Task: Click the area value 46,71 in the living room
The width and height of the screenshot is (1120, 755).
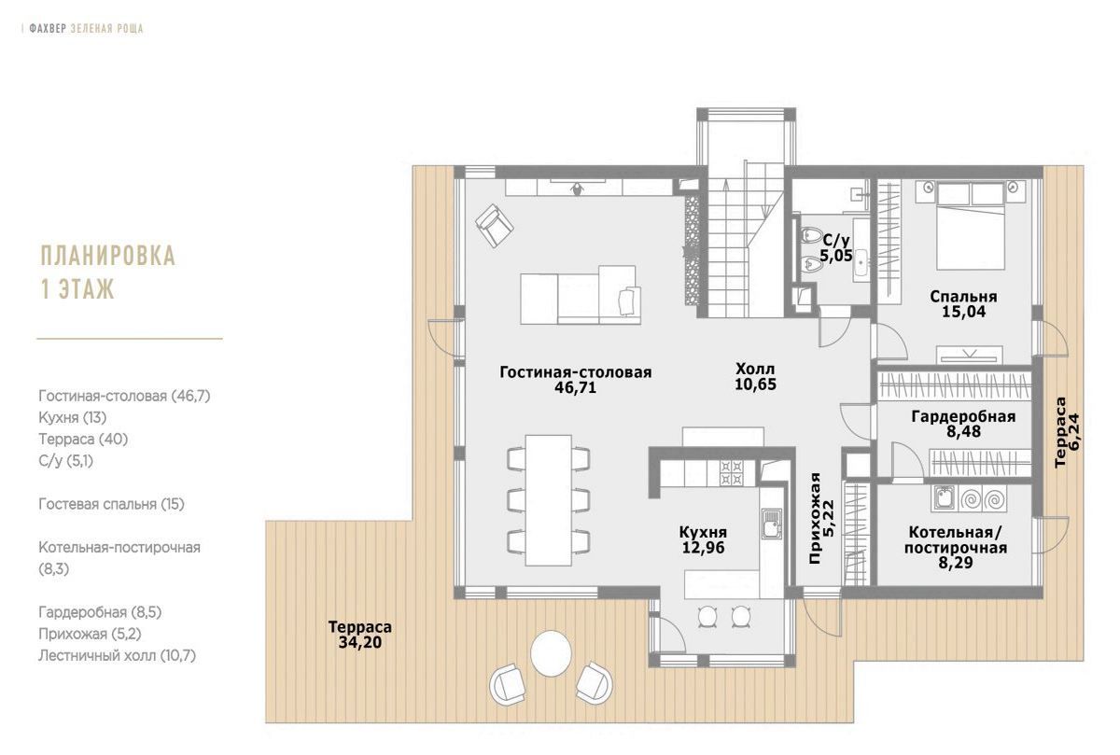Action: [575, 388]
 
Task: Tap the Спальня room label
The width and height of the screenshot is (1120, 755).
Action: [963, 297]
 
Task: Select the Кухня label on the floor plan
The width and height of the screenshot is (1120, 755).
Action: [703, 532]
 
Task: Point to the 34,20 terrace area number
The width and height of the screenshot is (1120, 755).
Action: [360, 642]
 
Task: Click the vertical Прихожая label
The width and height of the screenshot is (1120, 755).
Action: [815, 519]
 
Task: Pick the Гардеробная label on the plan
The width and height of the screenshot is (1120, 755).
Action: [963, 416]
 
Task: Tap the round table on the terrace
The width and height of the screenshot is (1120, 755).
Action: [551, 654]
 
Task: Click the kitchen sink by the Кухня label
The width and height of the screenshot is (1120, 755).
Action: [771, 523]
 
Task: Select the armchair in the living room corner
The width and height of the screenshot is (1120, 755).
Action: [494, 226]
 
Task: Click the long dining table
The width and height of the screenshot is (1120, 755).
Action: [548, 500]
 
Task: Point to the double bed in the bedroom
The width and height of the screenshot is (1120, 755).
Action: [970, 226]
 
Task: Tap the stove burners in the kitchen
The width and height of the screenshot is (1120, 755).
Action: [731, 473]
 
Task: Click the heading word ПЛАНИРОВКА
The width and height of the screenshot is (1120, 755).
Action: [108, 256]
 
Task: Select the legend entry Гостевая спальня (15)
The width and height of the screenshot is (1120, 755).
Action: [111, 504]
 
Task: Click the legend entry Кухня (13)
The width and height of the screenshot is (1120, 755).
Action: [73, 417]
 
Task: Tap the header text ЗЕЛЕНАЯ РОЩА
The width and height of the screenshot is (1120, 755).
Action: [107, 29]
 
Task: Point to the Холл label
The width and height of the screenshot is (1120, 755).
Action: [755, 369]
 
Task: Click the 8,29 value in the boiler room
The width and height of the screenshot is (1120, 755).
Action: [956, 563]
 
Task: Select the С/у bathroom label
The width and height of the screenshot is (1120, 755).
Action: [836, 241]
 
